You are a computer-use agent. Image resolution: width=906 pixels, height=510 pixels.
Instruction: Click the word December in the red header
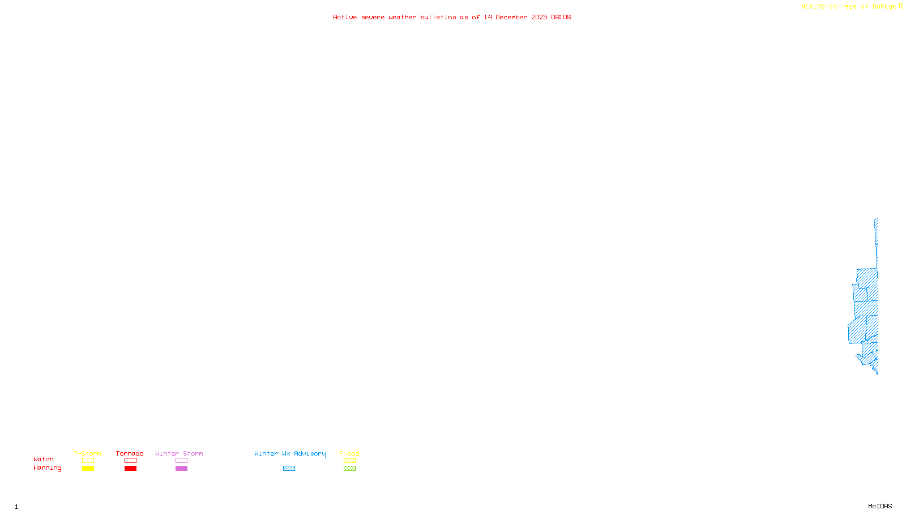click(511, 17)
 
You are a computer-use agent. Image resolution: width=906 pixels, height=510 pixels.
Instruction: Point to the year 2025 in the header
click(539, 17)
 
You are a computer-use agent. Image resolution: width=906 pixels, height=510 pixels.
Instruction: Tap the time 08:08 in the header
click(561, 17)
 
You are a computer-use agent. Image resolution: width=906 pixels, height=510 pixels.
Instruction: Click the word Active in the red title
click(345, 17)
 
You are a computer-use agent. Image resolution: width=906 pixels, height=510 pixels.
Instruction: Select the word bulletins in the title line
click(438, 17)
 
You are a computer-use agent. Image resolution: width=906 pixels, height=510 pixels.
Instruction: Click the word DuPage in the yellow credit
click(884, 7)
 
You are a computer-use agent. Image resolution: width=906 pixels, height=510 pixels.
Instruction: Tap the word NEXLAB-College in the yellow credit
click(828, 7)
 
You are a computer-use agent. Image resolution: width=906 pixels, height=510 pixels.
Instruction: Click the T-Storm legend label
click(87, 453)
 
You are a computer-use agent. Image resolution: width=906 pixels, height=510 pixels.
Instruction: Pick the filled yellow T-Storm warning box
click(88, 469)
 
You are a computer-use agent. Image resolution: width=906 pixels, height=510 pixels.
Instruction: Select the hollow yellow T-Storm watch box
click(88, 461)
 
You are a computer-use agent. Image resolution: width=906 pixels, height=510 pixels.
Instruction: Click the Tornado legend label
click(130, 453)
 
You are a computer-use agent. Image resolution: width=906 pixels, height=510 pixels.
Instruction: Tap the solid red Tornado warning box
click(130, 469)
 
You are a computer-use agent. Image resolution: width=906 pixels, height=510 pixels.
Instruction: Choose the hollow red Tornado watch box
click(130, 461)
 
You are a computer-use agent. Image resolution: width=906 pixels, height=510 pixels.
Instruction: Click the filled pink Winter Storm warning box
click(181, 469)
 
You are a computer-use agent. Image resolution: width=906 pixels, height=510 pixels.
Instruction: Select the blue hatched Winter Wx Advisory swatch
click(289, 469)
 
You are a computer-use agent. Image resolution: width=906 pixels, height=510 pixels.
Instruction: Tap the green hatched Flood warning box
click(349, 469)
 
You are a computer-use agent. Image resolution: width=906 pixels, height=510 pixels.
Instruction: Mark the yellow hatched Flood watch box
click(349, 461)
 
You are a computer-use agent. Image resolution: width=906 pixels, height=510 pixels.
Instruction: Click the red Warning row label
click(47, 468)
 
